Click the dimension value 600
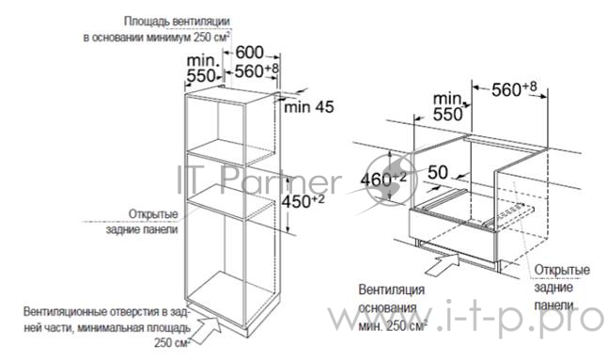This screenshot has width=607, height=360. coord(249,53)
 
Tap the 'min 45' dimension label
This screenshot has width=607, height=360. coord(308,107)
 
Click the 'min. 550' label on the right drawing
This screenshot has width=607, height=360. coord(449,105)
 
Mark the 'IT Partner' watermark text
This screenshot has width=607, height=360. coord(257,180)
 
